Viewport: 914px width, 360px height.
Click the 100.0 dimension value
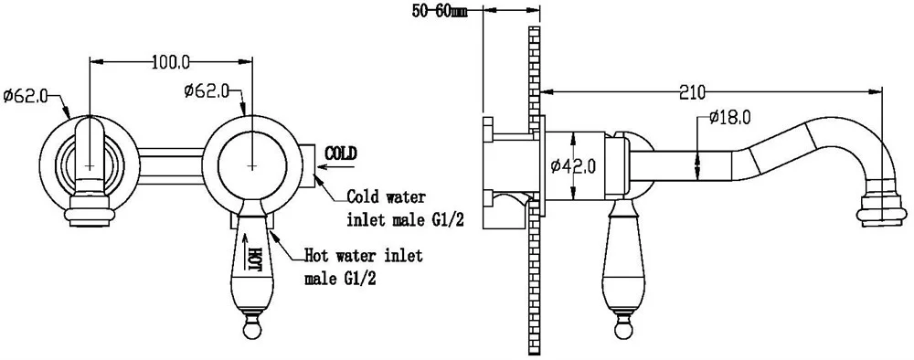point(171,60)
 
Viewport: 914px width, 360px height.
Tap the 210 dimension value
point(693,92)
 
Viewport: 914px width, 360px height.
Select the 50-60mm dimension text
point(439,12)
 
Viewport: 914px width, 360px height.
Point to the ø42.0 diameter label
point(573,167)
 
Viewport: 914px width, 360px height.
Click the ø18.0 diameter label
point(730,118)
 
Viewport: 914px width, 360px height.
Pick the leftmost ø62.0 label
point(25,96)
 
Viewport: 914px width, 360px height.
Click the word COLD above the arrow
point(340,154)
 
